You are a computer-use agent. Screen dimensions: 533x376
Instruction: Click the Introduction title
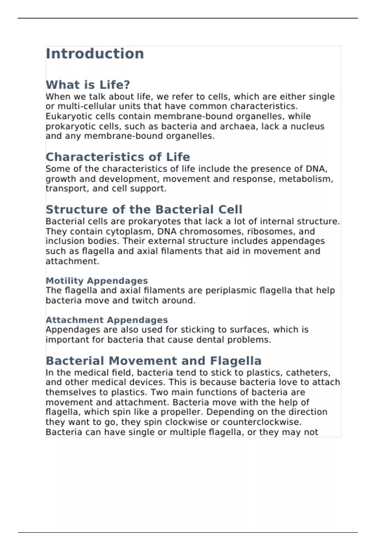point(95,54)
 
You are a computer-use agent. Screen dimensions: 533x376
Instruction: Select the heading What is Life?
point(88,85)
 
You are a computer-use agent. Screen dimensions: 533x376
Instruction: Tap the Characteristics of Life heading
point(118,157)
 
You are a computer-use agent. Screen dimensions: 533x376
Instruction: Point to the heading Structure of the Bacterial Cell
point(144,209)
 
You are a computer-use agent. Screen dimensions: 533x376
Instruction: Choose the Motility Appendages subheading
point(97,281)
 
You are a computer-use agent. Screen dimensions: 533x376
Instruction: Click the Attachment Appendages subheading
point(107,320)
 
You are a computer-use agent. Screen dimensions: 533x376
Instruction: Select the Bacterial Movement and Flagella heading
point(154,361)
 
